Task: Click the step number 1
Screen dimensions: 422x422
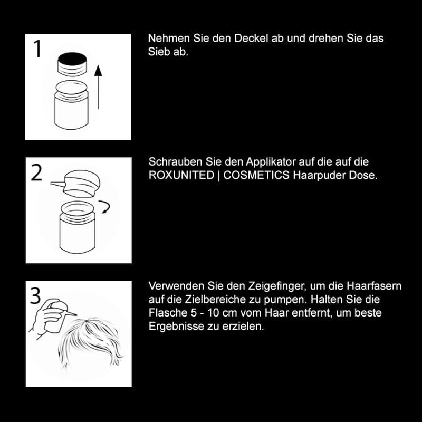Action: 37,49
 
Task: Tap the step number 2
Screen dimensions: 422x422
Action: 37,172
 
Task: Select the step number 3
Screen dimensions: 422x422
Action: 35,296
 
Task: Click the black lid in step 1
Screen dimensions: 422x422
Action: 72,64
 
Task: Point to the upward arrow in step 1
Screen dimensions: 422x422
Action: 98,87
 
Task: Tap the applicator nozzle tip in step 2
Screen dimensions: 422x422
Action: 51,183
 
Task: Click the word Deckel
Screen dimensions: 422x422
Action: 252,38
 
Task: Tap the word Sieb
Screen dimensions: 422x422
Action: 159,52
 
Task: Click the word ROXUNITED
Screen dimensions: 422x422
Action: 181,175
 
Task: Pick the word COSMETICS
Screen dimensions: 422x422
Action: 256,175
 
